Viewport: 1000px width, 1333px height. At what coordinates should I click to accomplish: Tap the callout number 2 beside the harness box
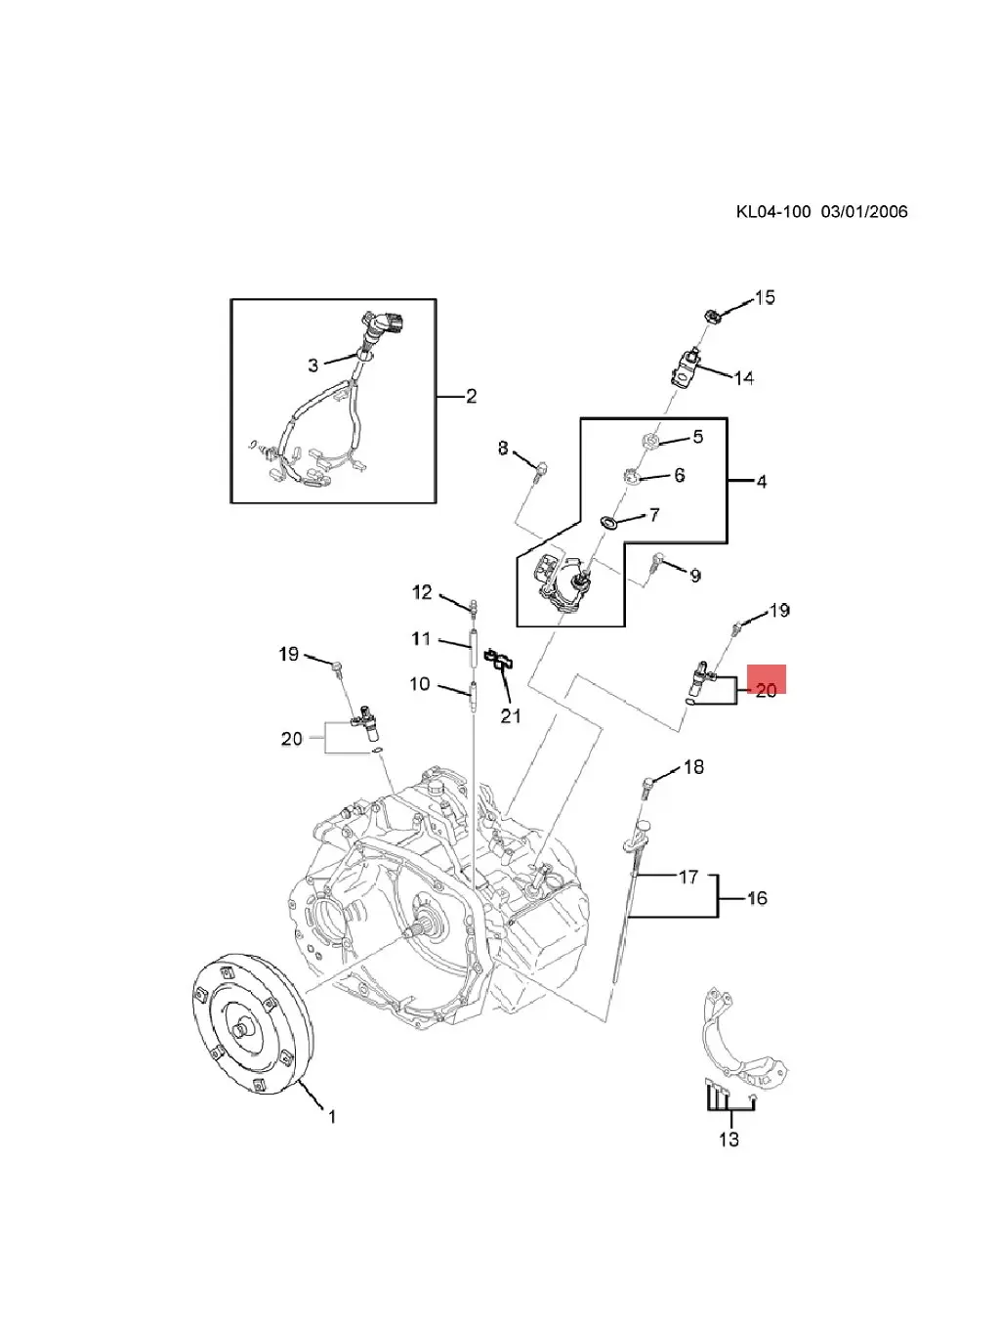pos(471,396)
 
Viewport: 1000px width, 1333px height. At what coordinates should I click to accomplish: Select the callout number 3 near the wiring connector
pos(312,365)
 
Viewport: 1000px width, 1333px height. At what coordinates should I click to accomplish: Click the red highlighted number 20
pos(767,690)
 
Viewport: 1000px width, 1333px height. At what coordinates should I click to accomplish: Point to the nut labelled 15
pos(711,315)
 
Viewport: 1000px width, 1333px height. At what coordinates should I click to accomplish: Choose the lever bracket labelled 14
pos(685,367)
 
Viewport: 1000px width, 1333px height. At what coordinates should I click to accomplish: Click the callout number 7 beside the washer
pos(653,515)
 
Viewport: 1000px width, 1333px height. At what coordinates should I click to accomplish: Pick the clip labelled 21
pos(502,662)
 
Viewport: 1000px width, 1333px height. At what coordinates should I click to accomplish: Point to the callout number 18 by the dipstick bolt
pos(692,767)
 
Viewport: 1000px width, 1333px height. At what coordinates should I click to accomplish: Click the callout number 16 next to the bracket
pos(757,898)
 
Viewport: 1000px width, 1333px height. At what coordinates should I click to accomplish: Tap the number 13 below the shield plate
pos(729,1139)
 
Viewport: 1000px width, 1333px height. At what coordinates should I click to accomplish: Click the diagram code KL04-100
pos(772,211)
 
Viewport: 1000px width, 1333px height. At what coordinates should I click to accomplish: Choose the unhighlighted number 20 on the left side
pos(292,739)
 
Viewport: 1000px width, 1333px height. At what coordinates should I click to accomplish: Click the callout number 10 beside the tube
pos(419,683)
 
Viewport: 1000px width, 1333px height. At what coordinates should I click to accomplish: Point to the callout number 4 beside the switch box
pos(761,482)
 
